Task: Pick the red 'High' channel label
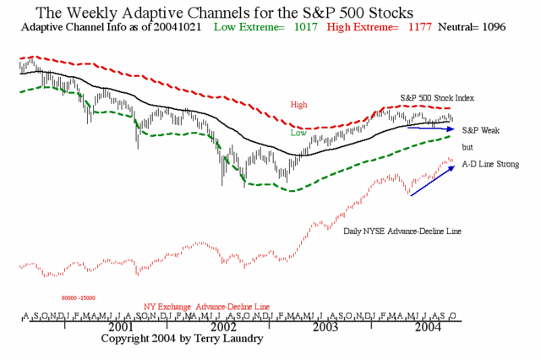298,105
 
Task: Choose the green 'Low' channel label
298,133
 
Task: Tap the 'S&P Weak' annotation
481,131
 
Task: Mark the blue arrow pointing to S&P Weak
432,128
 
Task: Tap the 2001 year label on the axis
120,325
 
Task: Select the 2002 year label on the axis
223,325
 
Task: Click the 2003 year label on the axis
325,325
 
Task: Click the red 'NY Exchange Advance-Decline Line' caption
207,305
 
